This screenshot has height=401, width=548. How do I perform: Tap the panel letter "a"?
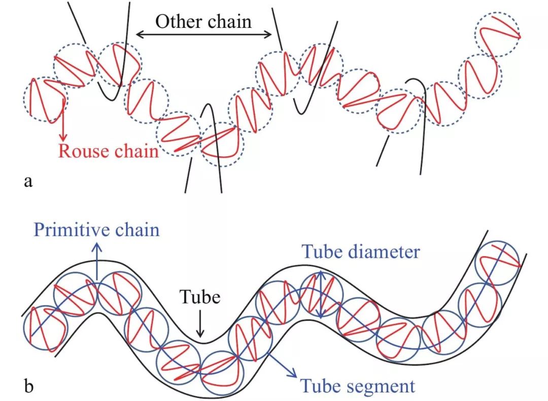(x=28, y=181)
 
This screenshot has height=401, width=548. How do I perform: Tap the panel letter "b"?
(x=29, y=387)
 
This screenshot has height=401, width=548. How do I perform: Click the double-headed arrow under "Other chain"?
(x=205, y=35)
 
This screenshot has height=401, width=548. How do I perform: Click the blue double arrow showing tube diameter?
(x=320, y=294)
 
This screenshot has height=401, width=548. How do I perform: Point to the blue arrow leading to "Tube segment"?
(x=281, y=363)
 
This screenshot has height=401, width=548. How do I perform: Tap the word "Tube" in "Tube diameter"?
(x=322, y=251)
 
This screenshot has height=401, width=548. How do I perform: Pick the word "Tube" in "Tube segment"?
(x=322, y=386)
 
